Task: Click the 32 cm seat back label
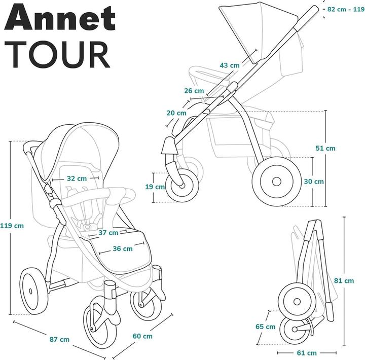[77, 178]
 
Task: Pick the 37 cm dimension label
[107, 233]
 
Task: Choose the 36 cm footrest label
[122, 248]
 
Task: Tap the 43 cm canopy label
[230, 65]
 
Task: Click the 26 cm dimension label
[194, 91]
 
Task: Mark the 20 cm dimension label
[176, 113]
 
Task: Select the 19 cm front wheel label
[159, 187]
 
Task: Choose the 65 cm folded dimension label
[266, 327]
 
